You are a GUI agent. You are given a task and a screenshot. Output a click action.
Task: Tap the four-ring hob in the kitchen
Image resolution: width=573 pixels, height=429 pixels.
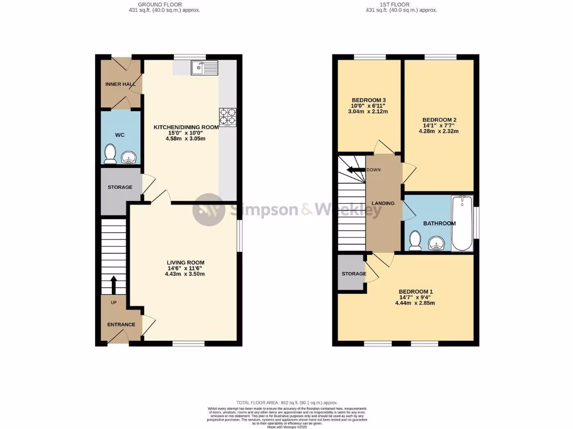pos(228,117)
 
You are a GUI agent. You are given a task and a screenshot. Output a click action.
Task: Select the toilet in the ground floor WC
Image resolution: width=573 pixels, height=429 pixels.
pos(110,154)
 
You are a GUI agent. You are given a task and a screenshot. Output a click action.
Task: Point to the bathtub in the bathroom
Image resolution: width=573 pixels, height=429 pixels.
pos(462,223)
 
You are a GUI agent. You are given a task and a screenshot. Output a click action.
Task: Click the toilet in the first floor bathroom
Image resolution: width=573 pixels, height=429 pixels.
pos(415,240)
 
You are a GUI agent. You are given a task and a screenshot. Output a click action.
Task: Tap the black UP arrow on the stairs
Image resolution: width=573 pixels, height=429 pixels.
pos(114,284)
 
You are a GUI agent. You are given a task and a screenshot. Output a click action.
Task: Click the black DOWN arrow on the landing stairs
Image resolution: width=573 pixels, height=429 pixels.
pos(355,170)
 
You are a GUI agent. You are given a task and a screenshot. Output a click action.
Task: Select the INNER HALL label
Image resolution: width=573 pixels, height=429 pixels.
pos(120,84)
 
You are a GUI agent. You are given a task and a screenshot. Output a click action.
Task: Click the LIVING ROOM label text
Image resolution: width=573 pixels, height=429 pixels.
pos(185,263)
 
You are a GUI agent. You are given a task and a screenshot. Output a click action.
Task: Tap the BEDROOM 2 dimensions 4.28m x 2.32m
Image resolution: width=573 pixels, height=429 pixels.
pos(439,132)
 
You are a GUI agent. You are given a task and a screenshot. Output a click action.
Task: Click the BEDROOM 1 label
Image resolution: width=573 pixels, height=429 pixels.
pos(415,292)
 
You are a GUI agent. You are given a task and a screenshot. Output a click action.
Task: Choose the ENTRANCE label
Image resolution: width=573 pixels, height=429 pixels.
pos(121,325)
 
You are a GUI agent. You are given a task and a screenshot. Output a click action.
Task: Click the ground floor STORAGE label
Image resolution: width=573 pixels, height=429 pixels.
pos(120,187)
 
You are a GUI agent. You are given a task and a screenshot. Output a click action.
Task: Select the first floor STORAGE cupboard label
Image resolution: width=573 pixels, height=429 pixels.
pos(354,274)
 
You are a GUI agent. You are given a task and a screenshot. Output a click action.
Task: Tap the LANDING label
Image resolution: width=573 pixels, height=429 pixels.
pos(383,203)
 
